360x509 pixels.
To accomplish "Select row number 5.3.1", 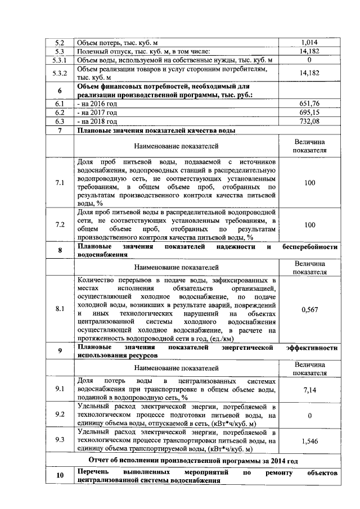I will click(x=60, y=60).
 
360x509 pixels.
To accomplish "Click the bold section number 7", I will click(x=60, y=130).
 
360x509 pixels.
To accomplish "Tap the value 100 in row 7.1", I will click(x=309, y=183).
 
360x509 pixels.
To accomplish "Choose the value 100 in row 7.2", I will click(x=309, y=225).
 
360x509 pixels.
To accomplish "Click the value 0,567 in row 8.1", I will click(x=309, y=309).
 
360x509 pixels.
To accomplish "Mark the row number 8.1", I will click(x=60, y=309).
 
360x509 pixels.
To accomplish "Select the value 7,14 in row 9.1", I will click(x=309, y=389).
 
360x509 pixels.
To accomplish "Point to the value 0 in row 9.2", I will click(x=309, y=416).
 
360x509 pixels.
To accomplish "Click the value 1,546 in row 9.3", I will click(x=309, y=442).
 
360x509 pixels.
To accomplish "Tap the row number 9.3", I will click(x=60, y=440).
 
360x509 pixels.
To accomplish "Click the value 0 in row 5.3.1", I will click(x=309, y=60).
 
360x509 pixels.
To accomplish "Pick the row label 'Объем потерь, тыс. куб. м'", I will click(x=117, y=42).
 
